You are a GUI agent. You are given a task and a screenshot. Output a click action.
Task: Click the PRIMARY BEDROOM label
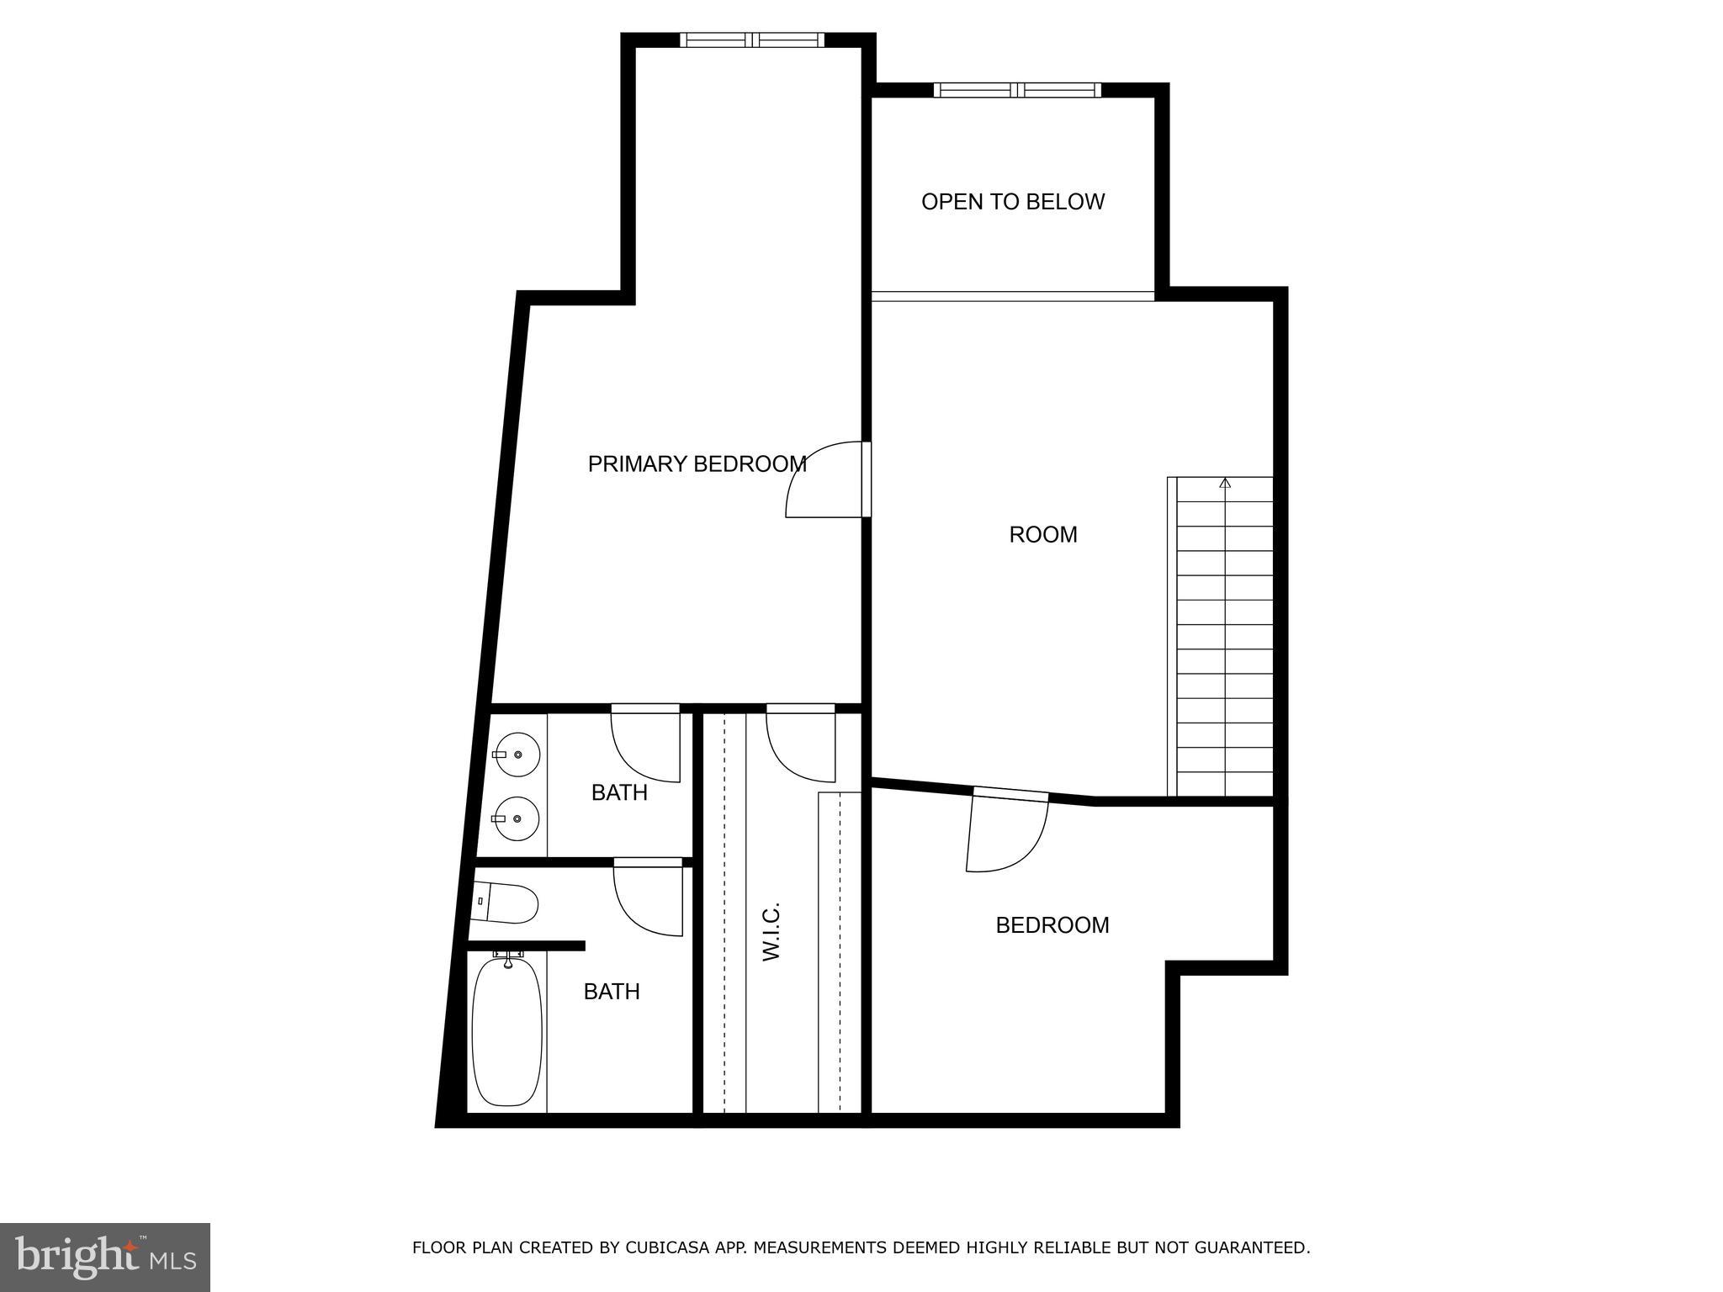(x=697, y=464)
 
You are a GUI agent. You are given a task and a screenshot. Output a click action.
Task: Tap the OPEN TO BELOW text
(x=1012, y=202)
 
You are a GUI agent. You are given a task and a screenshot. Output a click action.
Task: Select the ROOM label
(x=1042, y=535)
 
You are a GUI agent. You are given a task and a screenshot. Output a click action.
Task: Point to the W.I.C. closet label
(x=771, y=931)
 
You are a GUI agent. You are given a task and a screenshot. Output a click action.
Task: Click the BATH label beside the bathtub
(x=612, y=992)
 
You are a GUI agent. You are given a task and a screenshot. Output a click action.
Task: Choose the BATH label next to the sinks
(x=619, y=792)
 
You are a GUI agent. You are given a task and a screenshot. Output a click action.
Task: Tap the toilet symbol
(x=507, y=903)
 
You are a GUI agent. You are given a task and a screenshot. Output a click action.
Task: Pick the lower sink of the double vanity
(x=515, y=818)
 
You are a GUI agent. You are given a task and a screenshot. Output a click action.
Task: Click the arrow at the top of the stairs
(x=1225, y=484)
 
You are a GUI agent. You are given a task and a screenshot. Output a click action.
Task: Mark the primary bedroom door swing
(x=823, y=481)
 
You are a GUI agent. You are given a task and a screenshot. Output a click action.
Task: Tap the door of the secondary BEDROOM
(x=1007, y=833)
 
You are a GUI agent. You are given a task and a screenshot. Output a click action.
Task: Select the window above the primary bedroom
(x=752, y=40)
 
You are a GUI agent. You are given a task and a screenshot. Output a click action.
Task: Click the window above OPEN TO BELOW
(x=1017, y=90)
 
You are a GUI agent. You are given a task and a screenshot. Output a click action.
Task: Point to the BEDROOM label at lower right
(x=1052, y=925)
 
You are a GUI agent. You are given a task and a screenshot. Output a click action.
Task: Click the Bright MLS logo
(x=104, y=1256)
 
